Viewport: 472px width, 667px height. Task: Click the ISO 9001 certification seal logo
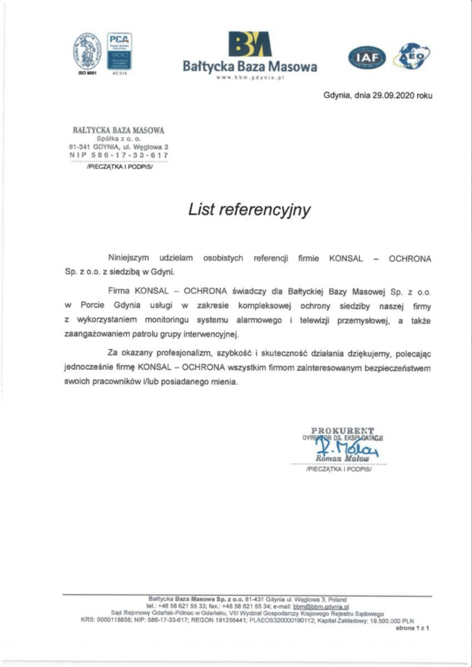pos(87,51)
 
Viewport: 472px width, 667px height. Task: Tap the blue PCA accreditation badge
pos(119,51)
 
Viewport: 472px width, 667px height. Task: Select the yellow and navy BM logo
pos(249,44)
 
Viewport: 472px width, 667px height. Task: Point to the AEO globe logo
pos(413,56)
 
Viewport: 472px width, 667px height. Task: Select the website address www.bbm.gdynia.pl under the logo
pos(250,78)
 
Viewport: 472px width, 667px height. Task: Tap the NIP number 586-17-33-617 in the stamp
pos(119,155)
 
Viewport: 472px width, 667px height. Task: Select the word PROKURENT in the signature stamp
pos(342,430)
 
